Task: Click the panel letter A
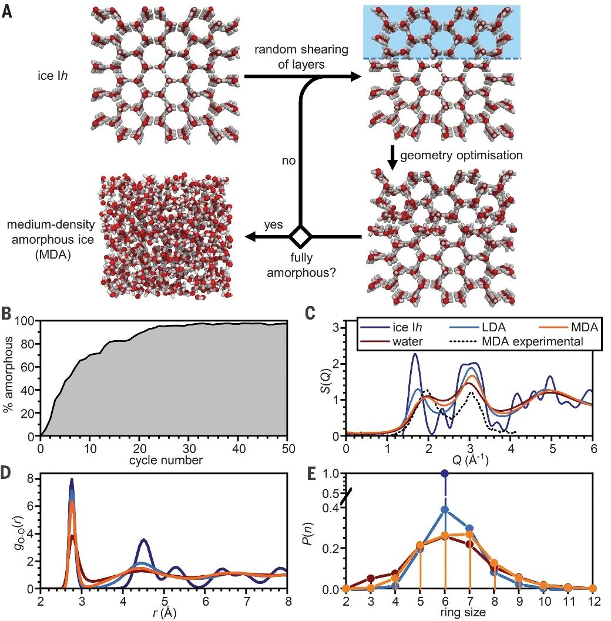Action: click(6, 11)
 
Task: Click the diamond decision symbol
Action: click(301, 237)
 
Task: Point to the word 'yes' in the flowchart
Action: click(273, 225)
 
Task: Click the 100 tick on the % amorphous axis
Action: click(27, 321)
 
